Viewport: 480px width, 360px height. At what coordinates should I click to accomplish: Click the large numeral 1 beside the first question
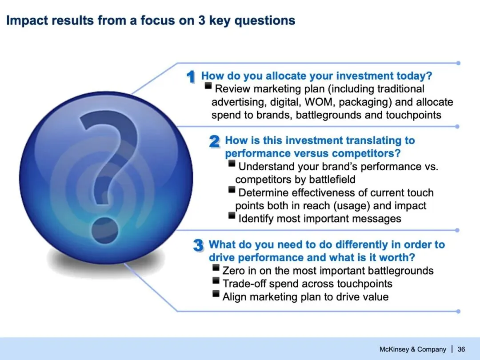pos(191,76)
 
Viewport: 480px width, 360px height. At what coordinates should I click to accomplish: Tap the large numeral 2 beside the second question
pos(215,141)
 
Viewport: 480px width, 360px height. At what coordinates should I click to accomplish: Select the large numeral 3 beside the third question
pos(198,245)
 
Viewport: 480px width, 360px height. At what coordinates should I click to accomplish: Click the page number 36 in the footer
pos(461,349)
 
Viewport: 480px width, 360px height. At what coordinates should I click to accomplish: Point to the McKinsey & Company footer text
pos(412,349)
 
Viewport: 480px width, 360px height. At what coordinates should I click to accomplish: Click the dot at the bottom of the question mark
pos(105,230)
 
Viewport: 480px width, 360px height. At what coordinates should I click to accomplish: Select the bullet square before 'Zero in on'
pos(216,268)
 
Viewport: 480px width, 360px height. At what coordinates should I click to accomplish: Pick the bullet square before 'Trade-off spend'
pos(216,281)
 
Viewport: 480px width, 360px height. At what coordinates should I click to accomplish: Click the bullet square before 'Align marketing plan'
pos(216,294)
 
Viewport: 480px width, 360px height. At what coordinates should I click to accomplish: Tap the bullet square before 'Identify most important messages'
pos(232,216)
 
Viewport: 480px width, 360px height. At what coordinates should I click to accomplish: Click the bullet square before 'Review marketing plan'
pos(208,86)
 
